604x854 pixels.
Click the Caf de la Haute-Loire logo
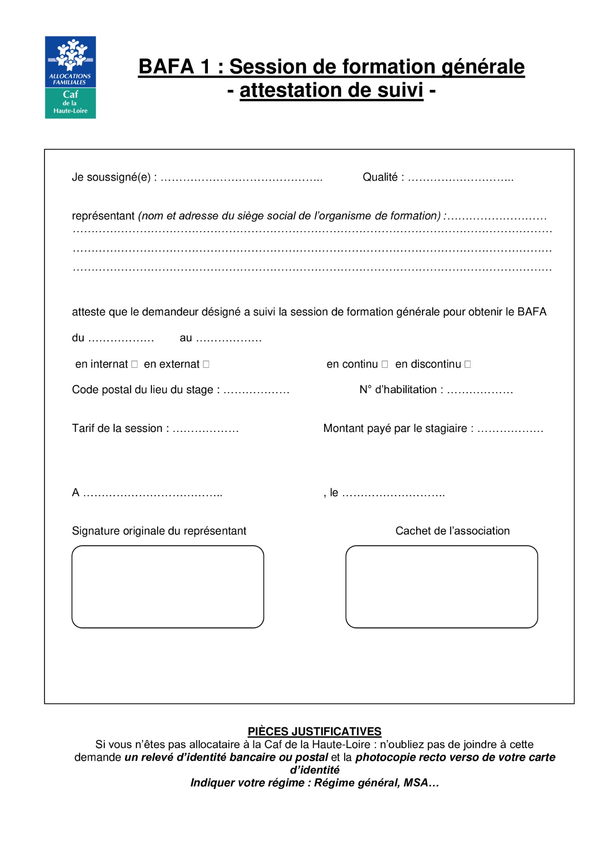pyautogui.click(x=70, y=77)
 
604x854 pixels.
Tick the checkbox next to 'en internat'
pyautogui.click(x=134, y=364)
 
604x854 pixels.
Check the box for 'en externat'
pyautogui.click(x=206, y=364)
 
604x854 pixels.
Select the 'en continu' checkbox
pyautogui.click(x=385, y=364)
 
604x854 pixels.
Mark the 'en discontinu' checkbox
pyautogui.click(x=467, y=364)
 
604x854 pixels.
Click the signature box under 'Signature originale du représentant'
pyautogui.click(x=168, y=587)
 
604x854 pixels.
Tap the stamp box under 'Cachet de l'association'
pyautogui.click(x=442, y=587)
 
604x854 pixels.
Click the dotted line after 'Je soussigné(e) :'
pyautogui.click(x=241, y=179)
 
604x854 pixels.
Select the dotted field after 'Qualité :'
pyautogui.click(x=461, y=179)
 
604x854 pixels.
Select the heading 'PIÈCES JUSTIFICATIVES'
pyautogui.click(x=314, y=731)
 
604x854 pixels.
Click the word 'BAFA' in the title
pyautogui.click(x=166, y=67)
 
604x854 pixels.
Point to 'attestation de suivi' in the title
pyautogui.click(x=331, y=90)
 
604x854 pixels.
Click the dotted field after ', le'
pyautogui.click(x=393, y=494)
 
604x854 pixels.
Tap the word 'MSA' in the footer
pyautogui.click(x=415, y=782)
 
